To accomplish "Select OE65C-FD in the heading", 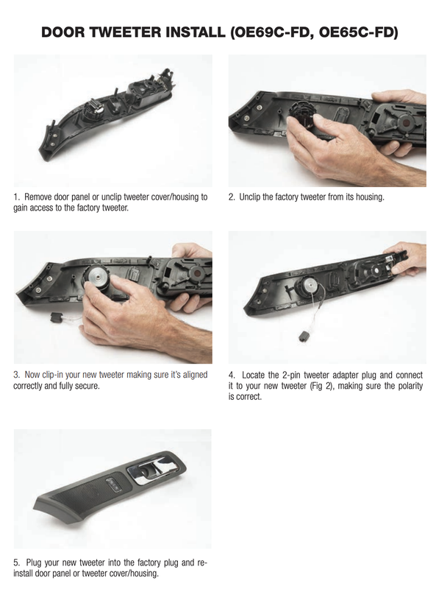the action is point(357,32).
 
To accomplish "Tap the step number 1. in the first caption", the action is point(16,197).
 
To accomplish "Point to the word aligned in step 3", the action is point(195,375).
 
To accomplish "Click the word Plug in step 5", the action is point(33,562).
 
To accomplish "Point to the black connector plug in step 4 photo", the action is point(303,336).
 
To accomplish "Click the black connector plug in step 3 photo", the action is point(57,318).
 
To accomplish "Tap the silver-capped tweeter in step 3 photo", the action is point(99,280).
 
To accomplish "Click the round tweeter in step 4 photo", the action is point(310,285).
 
